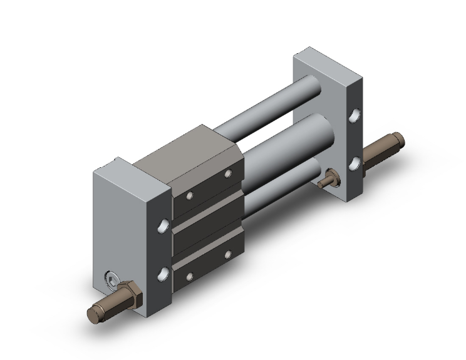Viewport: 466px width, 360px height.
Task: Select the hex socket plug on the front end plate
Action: click(112, 280)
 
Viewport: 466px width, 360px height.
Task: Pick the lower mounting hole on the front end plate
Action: click(164, 273)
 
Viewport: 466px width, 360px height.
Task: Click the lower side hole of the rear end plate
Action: click(355, 163)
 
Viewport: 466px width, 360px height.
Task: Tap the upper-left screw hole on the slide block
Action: click(188, 195)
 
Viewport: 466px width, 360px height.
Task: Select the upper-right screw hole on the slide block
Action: click(227, 173)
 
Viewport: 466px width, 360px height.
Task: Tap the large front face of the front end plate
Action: click(128, 219)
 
